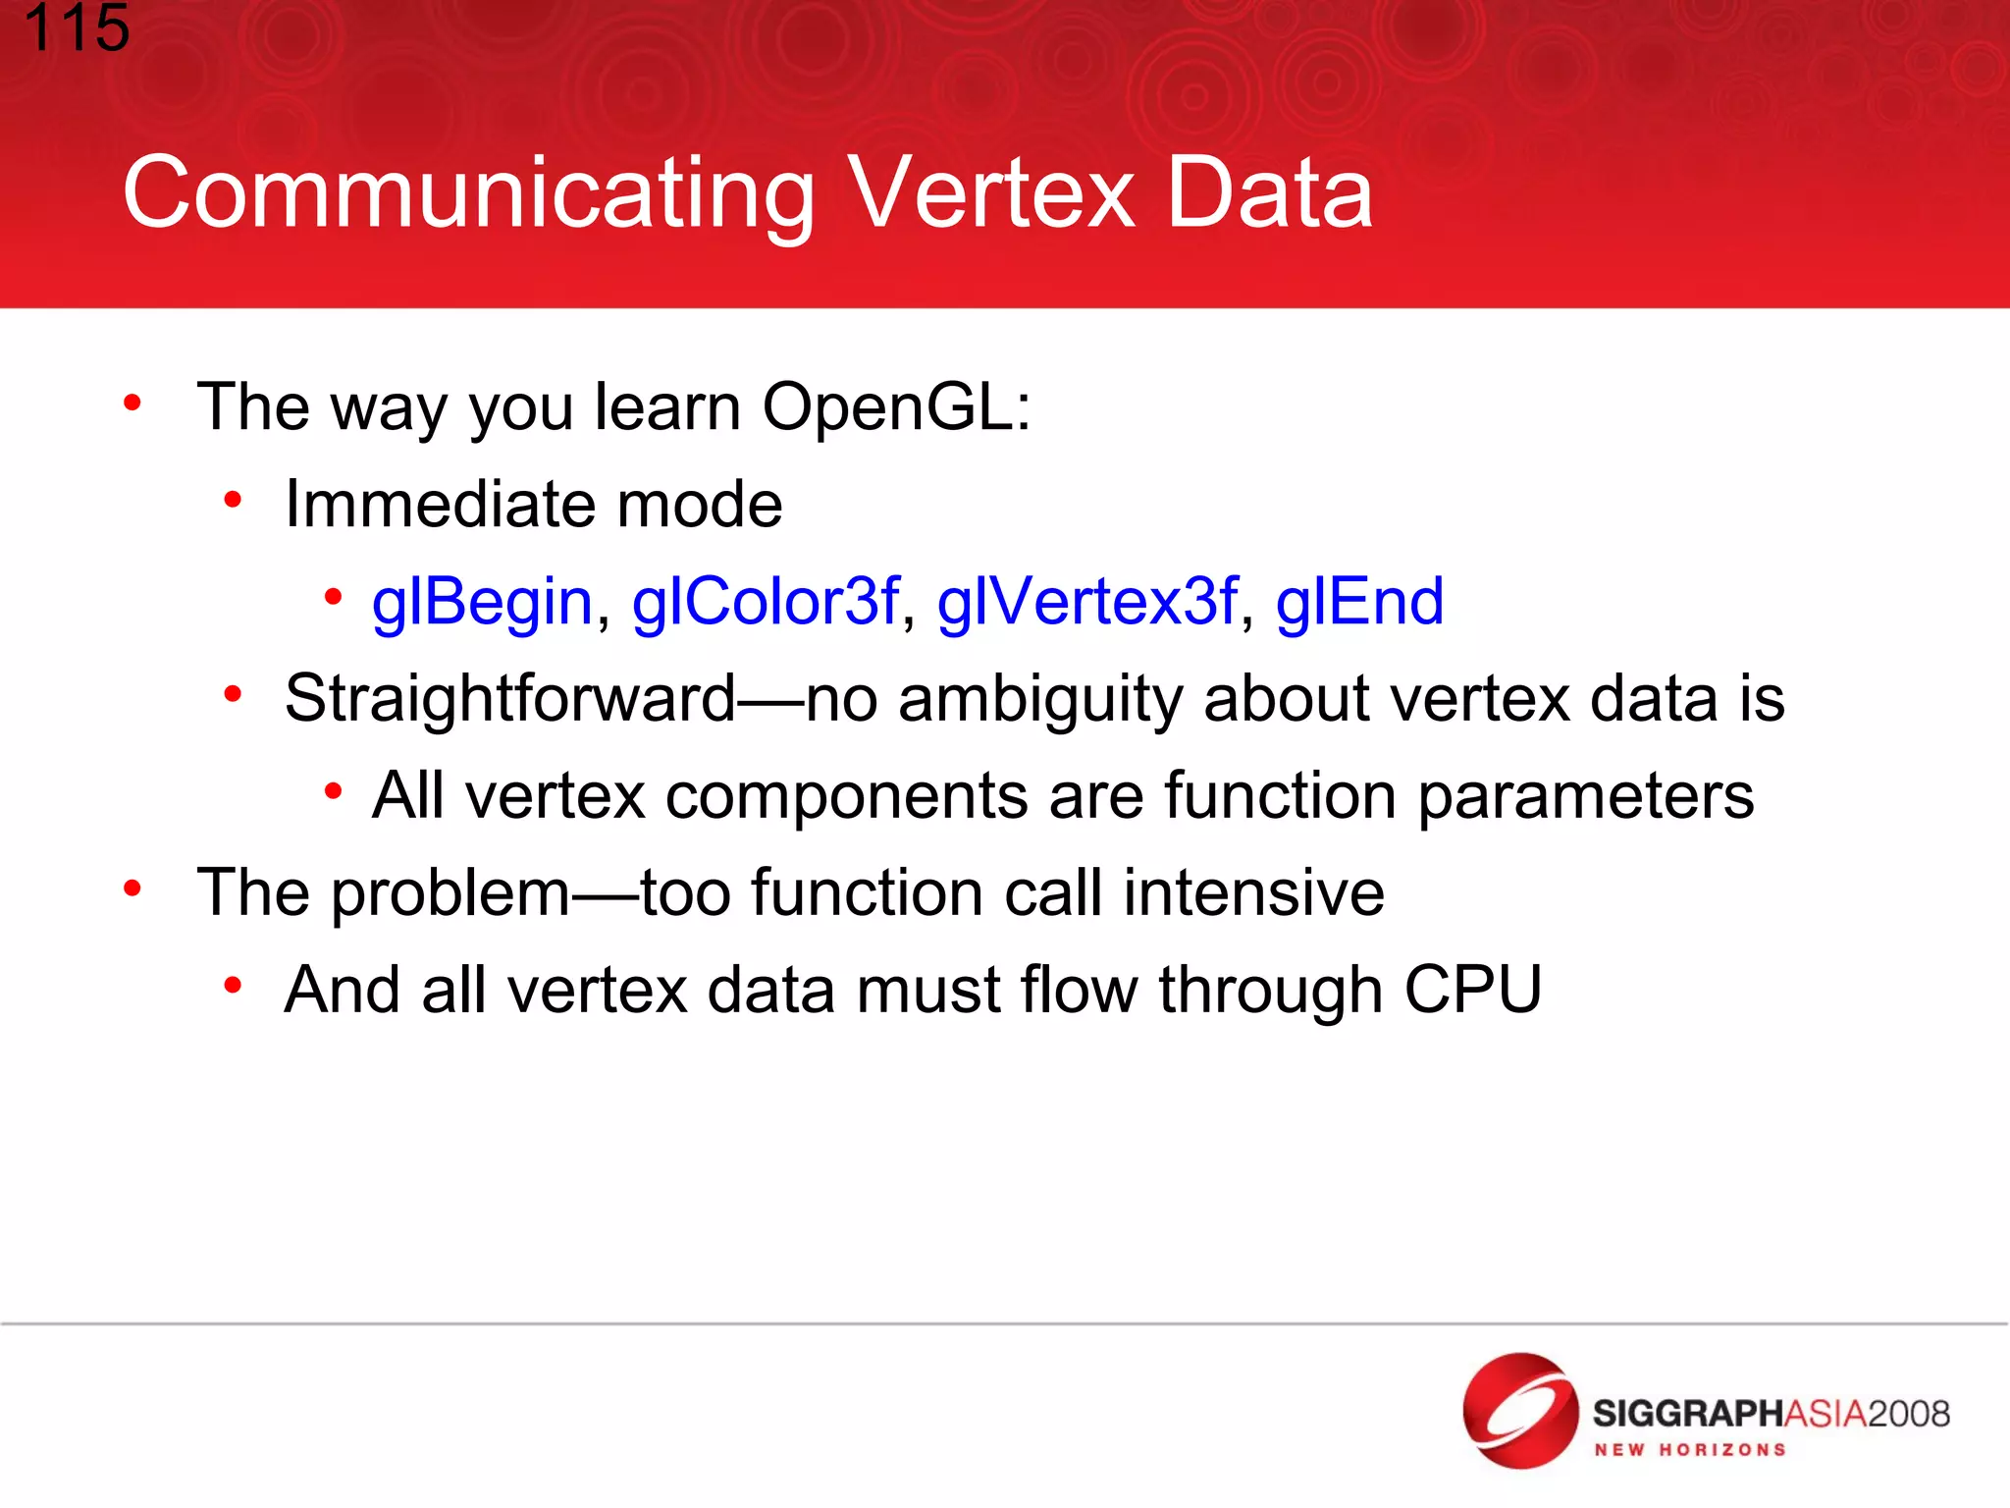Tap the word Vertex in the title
click(991, 193)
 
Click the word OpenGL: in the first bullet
click(896, 406)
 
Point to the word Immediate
click(440, 505)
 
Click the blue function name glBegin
click(482, 602)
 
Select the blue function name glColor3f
click(766, 602)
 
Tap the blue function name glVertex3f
click(1087, 602)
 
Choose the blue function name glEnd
click(1359, 602)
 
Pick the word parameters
click(1586, 795)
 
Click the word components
click(846, 797)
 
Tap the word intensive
click(1253, 892)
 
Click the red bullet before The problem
click(132, 889)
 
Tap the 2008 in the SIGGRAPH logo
click(1908, 1414)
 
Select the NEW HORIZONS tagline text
click(1689, 1450)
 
